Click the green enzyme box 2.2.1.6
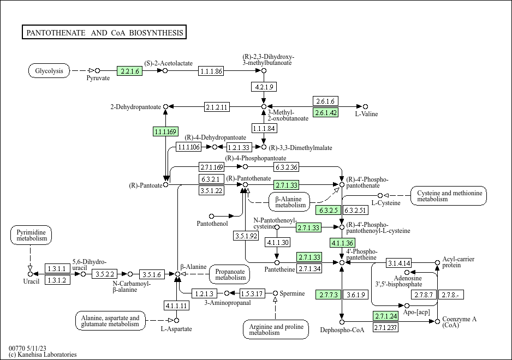pyautogui.click(x=129, y=71)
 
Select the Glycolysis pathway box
pyautogui.click(x=49, y=70)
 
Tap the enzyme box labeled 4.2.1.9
pyautogui.click(x=264, y=87)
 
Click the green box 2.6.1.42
pyautogui.click(x=325, y=112)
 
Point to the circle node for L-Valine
pyautogui.click(x=365, y=107)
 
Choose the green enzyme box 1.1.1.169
pyautogui.click(x=165, y=131)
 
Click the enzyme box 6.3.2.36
pyautogui.click(x=287, y=167)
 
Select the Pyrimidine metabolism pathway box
pyautogui.click(x=31, y=235)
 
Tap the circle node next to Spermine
pyautogui.click(x=275, y=293)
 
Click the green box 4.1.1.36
pyautogui.click(x=343, y=243)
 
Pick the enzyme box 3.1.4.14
pyautogui.click(x=399, y=263)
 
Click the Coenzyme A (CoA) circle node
pyautogui.click(x=438, y=322)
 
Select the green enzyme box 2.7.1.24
pyautogui.click(x=386, y=316)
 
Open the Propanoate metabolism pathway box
pyautogui.click(x=230, y=274)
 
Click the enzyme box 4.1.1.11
pyautogui.click(x=176, y=306)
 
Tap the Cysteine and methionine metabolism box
pyautogui.click(x=449, y=196)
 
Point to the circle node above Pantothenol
pyautogui.click(x=212, y=216)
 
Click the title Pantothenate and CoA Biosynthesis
pyautogui.click(x=104, y=32)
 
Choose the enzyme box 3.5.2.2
pyautogui.click(x=104, y=274)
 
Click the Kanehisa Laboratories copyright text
pyautogui.click(x=43, y=355)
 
